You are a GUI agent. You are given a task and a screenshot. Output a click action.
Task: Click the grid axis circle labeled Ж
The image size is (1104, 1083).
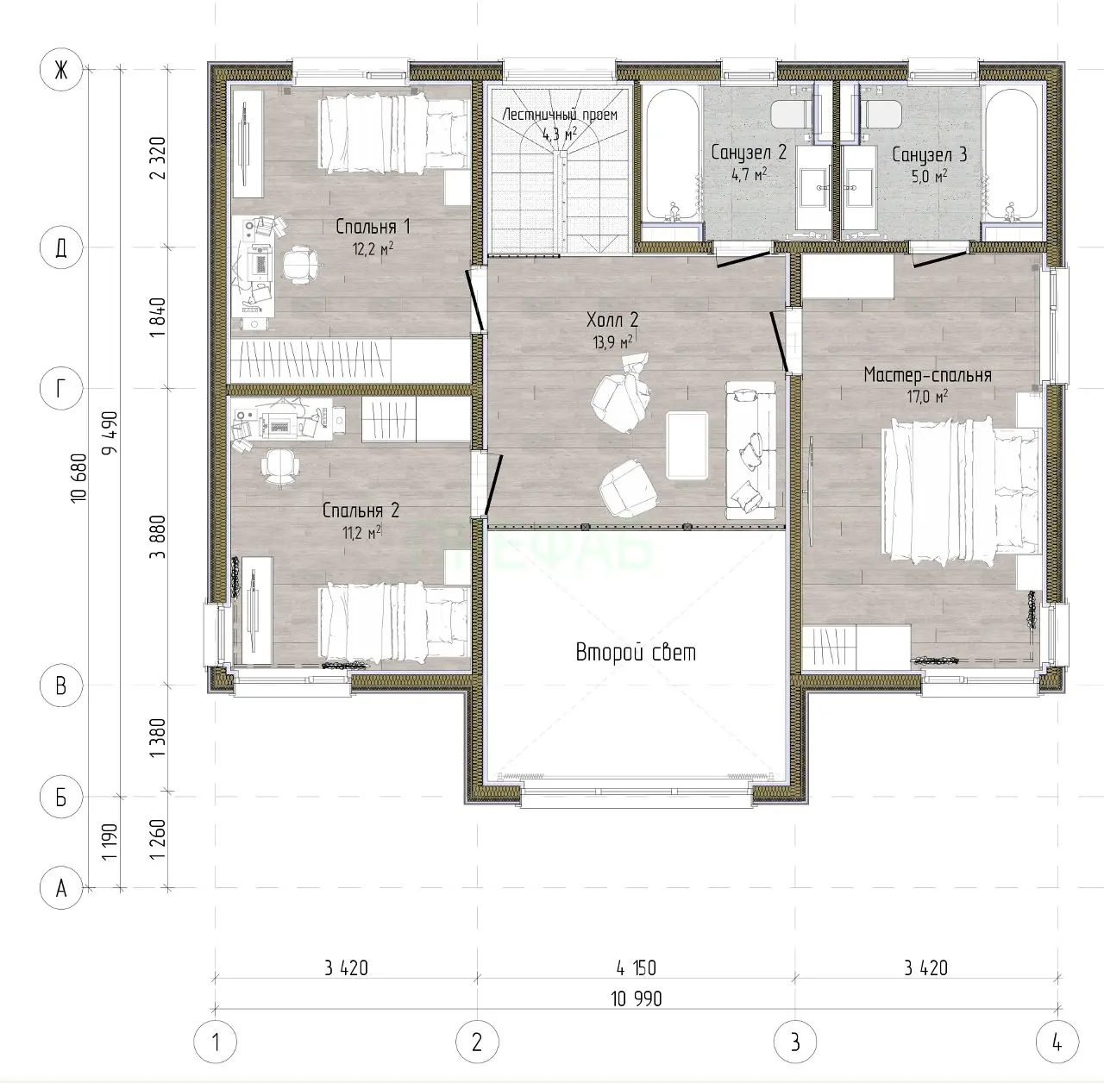61,70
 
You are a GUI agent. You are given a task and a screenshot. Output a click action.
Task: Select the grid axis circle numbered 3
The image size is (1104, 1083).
795,1042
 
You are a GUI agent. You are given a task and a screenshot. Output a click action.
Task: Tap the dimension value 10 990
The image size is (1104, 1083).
636,998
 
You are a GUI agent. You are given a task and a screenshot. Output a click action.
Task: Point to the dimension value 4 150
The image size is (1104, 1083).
636,967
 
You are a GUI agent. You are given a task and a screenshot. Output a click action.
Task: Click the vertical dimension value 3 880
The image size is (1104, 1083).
158,537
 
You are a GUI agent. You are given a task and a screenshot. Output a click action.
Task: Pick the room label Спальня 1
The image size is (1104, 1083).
373,227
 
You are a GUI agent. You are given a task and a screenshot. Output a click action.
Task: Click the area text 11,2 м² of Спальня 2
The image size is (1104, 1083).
362,533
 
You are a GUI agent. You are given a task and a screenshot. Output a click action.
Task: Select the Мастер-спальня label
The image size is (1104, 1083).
927,375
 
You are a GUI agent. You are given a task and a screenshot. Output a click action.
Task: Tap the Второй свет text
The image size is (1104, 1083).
636,653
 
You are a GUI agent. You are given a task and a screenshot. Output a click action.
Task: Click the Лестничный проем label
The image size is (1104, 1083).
560,115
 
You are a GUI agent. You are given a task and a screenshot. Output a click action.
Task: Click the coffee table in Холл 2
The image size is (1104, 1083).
687,445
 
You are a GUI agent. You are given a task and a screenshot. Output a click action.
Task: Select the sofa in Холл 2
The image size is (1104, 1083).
751,450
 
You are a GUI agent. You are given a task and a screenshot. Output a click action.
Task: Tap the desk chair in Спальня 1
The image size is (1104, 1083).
299,264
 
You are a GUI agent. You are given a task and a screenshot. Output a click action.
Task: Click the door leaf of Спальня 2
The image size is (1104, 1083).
494,485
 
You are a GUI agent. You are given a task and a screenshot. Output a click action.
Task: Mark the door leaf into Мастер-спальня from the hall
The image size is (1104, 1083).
779,341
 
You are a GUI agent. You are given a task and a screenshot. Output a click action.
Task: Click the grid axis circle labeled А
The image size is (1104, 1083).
61,888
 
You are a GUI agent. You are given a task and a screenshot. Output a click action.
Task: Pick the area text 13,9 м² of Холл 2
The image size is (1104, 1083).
612,342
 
